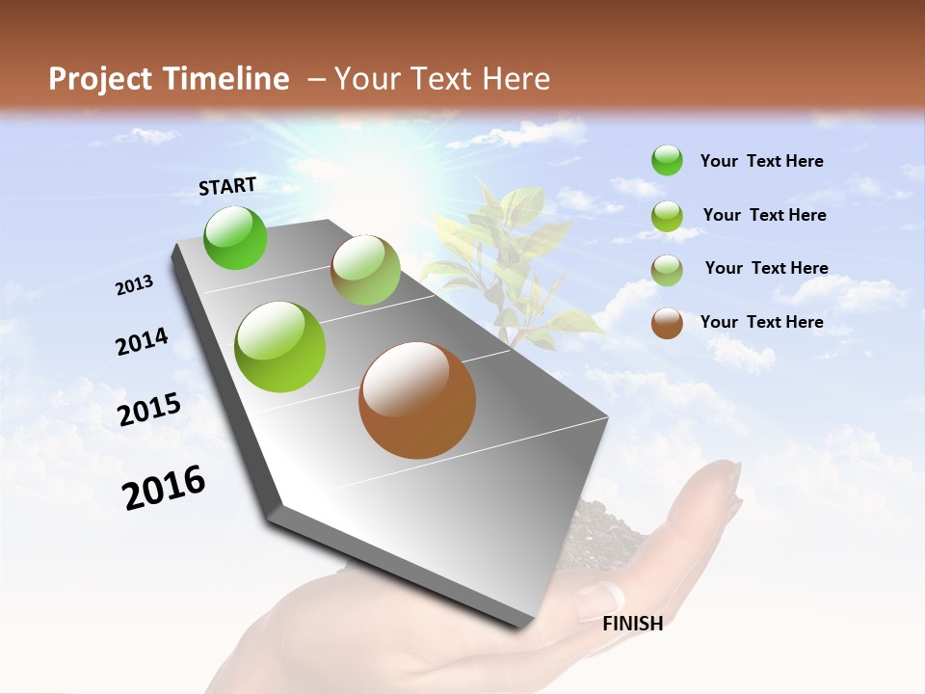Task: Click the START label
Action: tap(227, 185)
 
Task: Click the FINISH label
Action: tap(632, 623)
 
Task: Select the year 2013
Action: tap(134, 285)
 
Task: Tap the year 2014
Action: tap(142, 341)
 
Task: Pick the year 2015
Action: tap(149, 409)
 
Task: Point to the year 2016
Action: tap(164, 487)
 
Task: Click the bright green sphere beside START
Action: tap(236, 237)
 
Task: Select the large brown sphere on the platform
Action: tap(417, 399)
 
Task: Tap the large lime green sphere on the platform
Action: tap(280, 346)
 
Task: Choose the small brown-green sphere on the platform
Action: tap(365, 270)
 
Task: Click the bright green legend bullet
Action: tap(667, 160)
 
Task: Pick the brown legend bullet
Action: tap(667, 323)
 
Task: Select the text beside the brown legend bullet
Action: tap(761, 322)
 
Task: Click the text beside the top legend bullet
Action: tap(761, 161)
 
